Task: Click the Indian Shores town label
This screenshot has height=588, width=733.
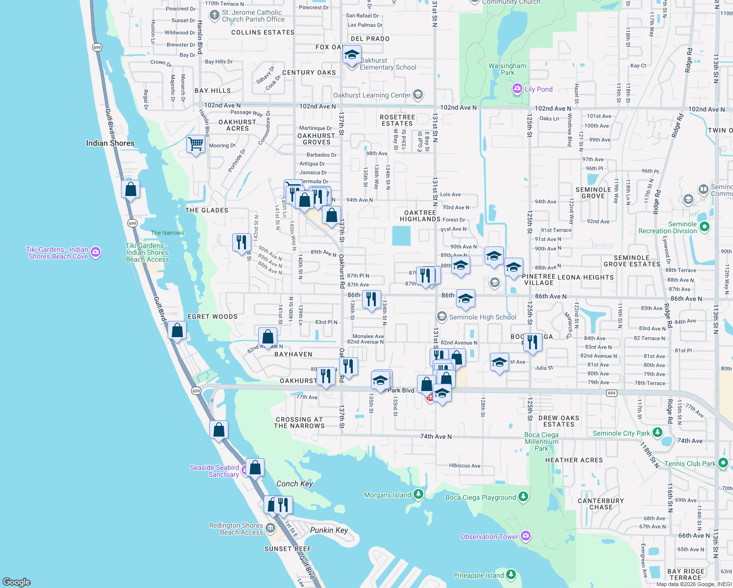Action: click(x=110, y=143)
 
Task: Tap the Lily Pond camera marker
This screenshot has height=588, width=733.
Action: click(x=517, y=89)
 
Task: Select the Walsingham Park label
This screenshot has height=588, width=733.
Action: click(x=507, y=69)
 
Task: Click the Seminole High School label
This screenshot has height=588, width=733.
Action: click(x=483, y=317)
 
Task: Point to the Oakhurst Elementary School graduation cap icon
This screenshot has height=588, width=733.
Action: click(x=352, y=55)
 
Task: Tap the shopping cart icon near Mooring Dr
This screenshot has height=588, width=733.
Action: click(x=195, y=144)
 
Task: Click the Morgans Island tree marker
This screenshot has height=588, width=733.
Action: click(x=418, y=494)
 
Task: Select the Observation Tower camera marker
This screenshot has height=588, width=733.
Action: click(x=526, y=536)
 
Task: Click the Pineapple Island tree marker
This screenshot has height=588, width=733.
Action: click(x=511, y=574)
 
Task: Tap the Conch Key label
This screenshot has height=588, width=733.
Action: click(x=294, y=484)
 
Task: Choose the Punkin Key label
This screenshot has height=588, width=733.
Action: click(x=329, y=530)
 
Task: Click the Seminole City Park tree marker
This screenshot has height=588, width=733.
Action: click(x=658, y=433)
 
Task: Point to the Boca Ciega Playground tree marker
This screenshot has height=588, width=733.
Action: click(x=523, y=497)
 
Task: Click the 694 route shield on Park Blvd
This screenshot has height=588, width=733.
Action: click(x=611, y=393)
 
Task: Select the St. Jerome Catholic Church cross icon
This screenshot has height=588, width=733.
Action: click(x=214, y=15)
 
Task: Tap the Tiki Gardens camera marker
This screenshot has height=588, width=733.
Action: click(x=96, y=252)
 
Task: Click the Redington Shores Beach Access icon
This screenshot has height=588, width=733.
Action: click(x=270, y=528)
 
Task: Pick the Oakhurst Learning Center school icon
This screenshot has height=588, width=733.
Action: click(x=418, y=95)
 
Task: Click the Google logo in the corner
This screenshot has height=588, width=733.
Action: click(x=17, y=582)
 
